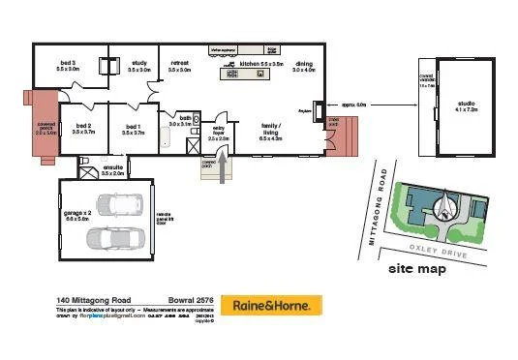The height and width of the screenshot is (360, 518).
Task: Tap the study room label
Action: point(138,66)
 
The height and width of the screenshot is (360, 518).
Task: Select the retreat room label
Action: point(178,66)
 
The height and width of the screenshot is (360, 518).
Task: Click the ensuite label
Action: point(112,169)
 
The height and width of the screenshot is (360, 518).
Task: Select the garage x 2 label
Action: point(77,215)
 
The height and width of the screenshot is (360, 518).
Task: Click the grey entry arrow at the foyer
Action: point(228,169)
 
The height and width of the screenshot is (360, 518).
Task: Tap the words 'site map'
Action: point(416,268)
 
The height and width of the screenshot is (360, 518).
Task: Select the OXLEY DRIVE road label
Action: point(439,250)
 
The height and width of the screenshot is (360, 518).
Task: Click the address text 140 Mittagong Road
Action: point(91,300)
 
